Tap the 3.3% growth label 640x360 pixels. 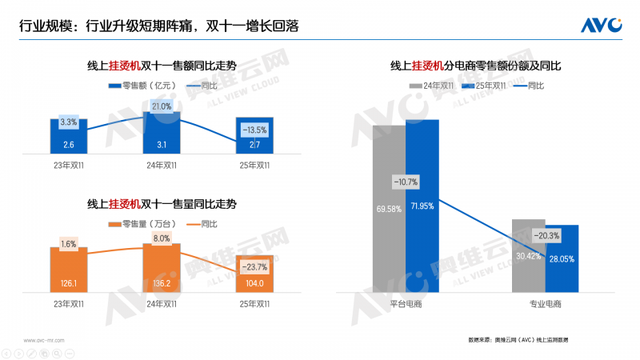pyautogui.click(x=69, y=122)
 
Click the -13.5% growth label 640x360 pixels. pyautogui.click(x=254, y=130)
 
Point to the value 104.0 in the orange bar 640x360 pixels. pyautogui.click(x=254, y=283)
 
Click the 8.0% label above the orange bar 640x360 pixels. pyautogui.click(x=162, y=238)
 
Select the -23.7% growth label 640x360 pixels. pyautogui.click(x=254, y=267)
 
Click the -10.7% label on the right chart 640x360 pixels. pyautogui.click(x=406, y=182)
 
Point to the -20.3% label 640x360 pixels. pyautogui.click(x=546, y=235)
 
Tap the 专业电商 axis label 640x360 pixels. pyautogui.click(x=546, y=305)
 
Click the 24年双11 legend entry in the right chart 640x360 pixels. pyautogui.click(x=433, y=86)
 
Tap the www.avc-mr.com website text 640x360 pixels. pyautogui.click(x=45, y=340)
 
